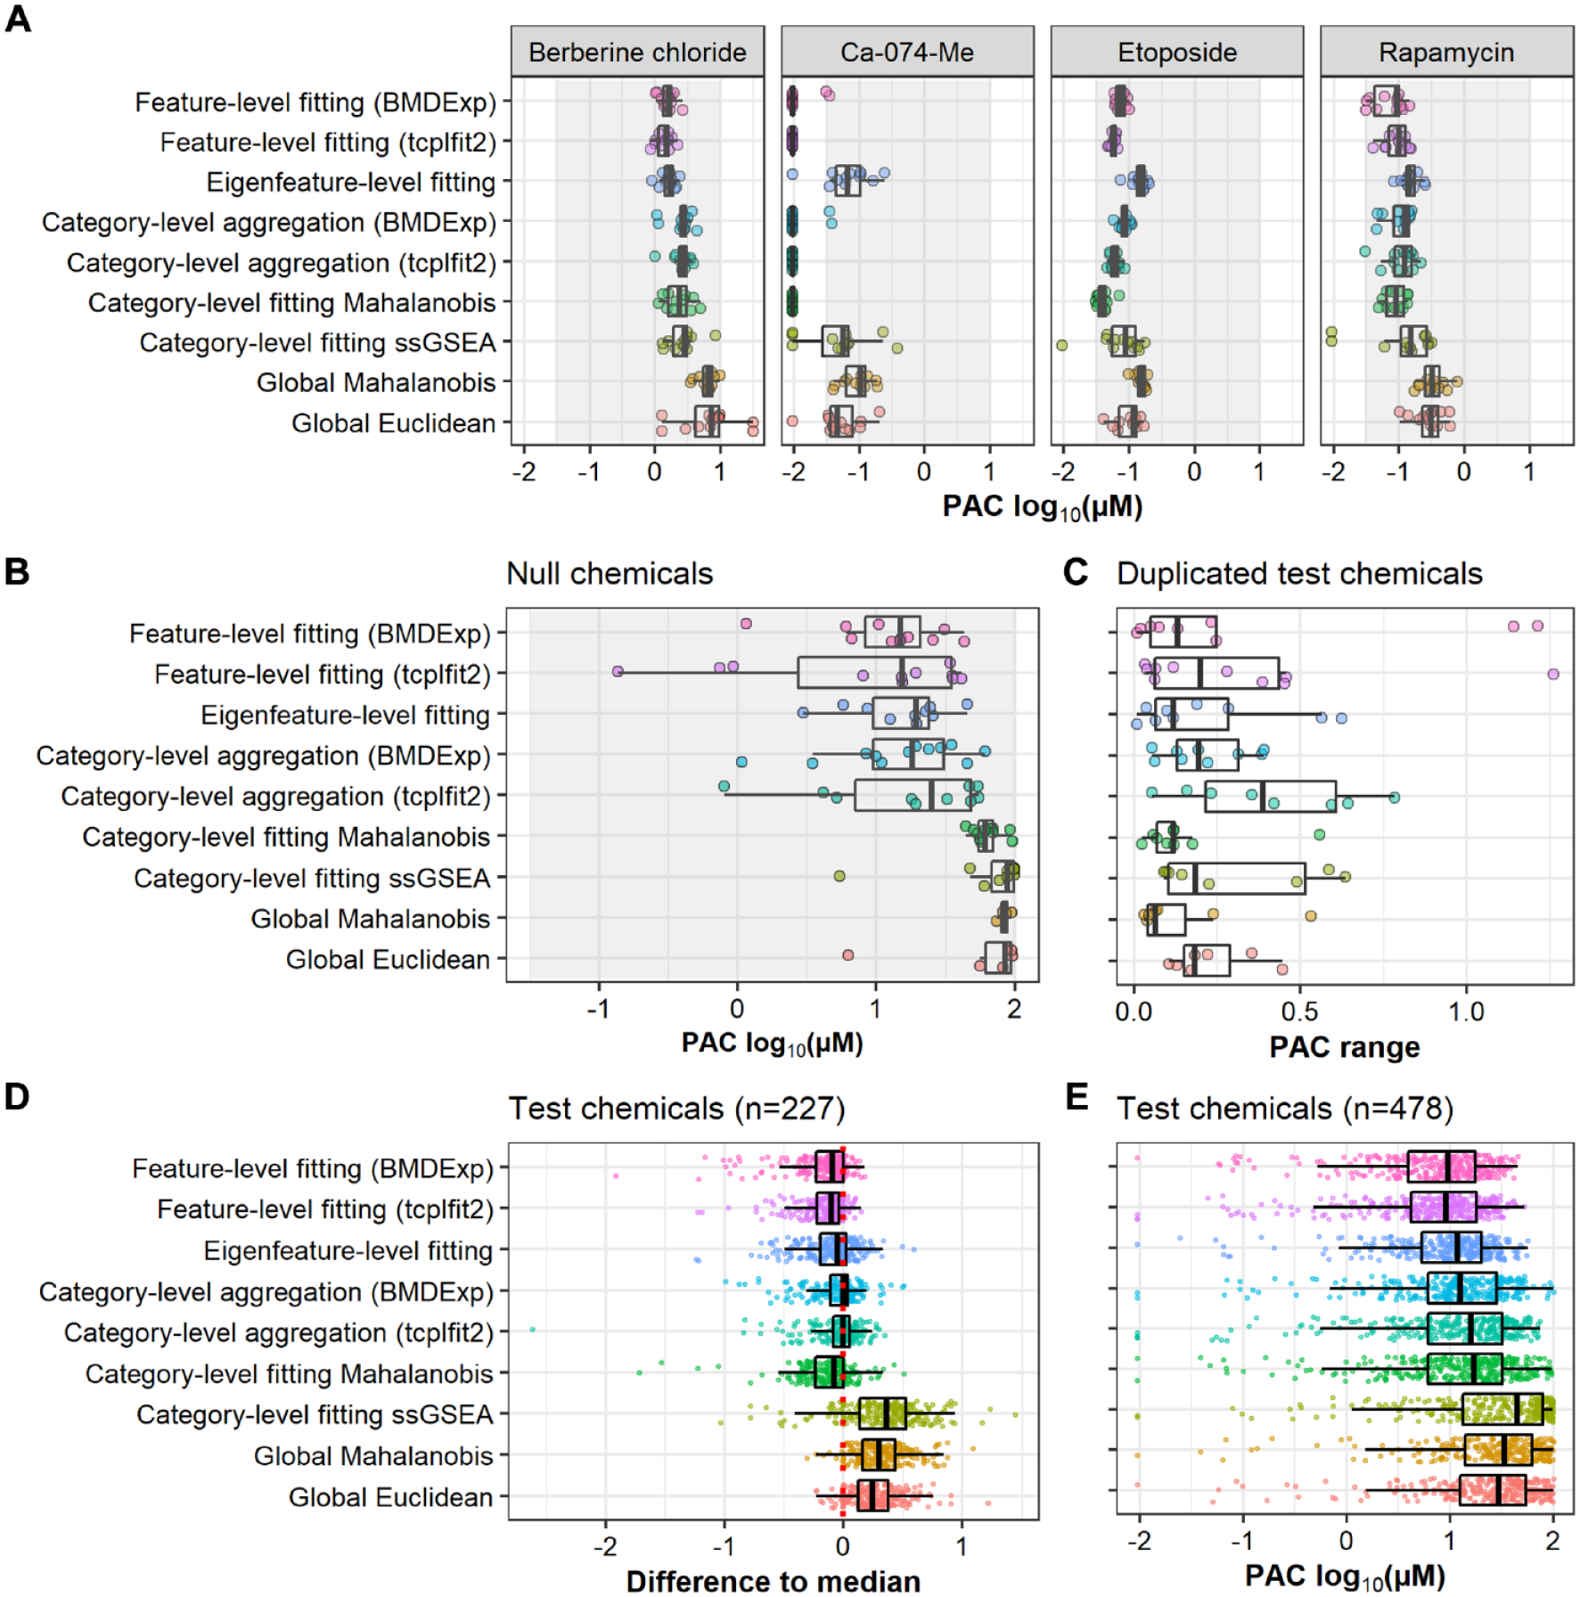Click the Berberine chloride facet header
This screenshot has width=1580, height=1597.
point(637,52)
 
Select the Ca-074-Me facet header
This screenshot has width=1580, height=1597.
point(907,52)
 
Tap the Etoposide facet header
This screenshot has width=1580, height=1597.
point(1177,52)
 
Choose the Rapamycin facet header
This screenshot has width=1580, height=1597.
point(1446,52)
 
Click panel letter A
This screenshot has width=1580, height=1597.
point(18,18)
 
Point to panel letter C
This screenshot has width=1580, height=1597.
point(1076,572)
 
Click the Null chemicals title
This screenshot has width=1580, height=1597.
point(610,573)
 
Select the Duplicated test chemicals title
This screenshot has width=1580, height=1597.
point(1299,573)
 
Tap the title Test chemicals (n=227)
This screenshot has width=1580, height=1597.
point(676,1108)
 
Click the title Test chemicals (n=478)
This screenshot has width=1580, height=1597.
point(1285,1108)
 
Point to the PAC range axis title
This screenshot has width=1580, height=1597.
point(1344,1047)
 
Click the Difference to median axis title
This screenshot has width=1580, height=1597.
point(773,1580)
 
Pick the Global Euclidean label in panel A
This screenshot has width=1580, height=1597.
point(393,422)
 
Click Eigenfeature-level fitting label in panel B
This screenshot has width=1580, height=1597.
point(345,715)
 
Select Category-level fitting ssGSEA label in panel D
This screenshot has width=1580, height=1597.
point(314,1414)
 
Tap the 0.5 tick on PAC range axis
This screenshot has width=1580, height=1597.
point(1299,1011)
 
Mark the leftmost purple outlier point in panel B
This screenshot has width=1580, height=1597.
point(618,671)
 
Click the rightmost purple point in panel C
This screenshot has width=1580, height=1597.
point(1553,675)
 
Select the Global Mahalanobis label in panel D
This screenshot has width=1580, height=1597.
point(372,1455)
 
